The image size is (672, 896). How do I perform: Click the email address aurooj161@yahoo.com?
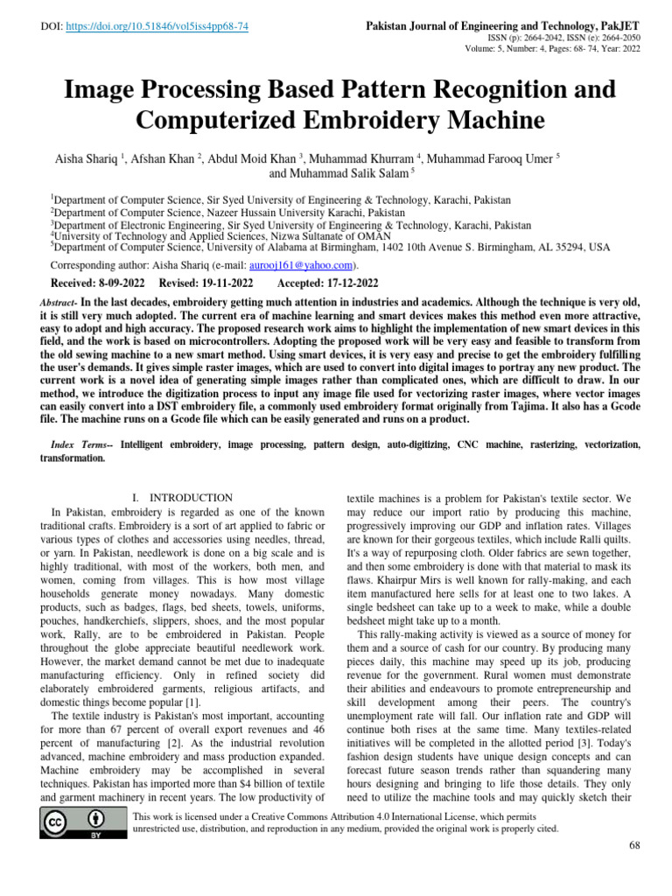click(x=301, y=265)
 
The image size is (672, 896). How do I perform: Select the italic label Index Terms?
click(x=80, y=444)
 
